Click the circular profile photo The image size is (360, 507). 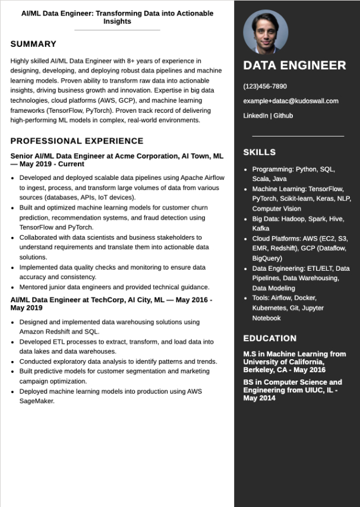pyautogui.click(x=266, y=32)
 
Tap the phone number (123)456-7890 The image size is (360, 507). pyautogui.click(x=265, y=86)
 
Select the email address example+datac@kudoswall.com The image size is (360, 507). pyautogui.click(x=290, y=101)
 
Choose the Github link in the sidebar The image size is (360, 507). pyautogui.click(x=283, y=116)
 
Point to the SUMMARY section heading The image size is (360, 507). pyautogui.click(x=33, y=44)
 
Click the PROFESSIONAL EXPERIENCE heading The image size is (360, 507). pyautogui.click(x=77, y=141)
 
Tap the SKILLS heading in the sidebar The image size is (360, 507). pyautogui.click(x=259, y=153)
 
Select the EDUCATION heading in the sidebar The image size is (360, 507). pyautogui.click(x=270, y=338)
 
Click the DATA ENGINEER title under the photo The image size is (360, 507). pyautogui.click(x=294, y=65)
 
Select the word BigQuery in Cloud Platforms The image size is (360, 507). pyautogui.click(x=267, y=259)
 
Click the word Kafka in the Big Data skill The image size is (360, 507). pyautogui.click(x=261, y=229)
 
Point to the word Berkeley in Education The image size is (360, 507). pyautogui.click(x=259, y=369)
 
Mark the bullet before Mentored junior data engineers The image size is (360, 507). pyautogui.click(x=14, y=287)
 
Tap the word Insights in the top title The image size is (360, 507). pyautogui.click(x=117, y=21)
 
